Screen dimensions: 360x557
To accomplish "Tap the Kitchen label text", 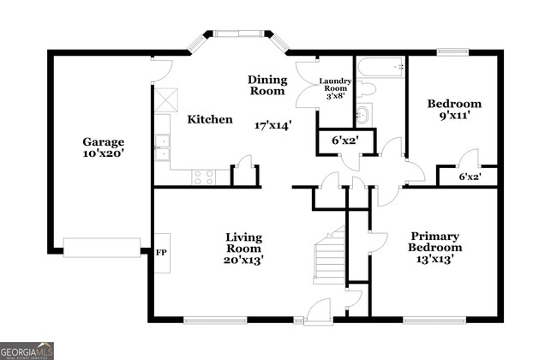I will (x=210, y=120).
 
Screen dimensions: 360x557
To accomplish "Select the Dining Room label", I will (x=267, y=85).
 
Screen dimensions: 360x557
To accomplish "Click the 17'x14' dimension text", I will (x=273, y=125).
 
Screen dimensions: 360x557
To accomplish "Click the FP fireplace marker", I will (x=160, y=253).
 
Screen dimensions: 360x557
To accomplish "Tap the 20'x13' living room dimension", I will (x=244, y=259).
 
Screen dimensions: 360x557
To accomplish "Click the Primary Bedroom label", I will (x=434, y=242).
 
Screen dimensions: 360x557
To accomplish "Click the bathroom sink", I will (x=362, y=114).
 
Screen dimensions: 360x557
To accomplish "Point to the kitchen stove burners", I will (x=204, y=177).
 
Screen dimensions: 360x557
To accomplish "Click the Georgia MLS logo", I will (x=28, y=351).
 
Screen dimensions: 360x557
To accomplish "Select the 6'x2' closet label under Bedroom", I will (x=468, y=177).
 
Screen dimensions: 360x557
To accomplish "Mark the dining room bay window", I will (x=240, y=35).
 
